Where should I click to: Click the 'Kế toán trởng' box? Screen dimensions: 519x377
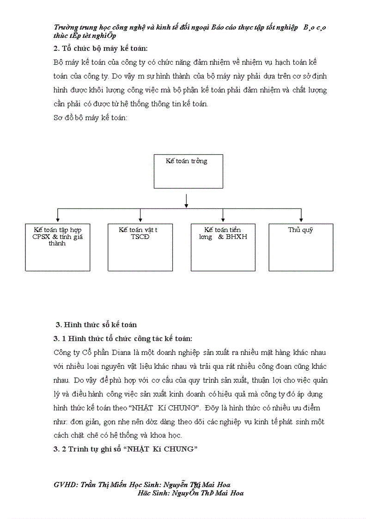tap(188, 171)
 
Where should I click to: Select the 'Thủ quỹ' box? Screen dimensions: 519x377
tap(301, 247)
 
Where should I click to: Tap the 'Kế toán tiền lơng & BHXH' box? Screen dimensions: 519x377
tap(223, 247)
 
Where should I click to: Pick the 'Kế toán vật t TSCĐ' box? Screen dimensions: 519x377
tap(140, 247)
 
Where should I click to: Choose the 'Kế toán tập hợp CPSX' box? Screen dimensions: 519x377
tap(57, 247)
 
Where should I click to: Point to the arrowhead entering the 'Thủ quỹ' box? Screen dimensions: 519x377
tap(301, 220)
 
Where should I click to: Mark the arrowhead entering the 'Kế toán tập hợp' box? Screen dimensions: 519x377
tap(57, 220)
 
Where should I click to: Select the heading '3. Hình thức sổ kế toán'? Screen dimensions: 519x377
tap(96, 324)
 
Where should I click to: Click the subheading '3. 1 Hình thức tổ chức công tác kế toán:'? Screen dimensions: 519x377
tap(123, 339)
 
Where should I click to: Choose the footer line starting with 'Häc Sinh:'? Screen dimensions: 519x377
tap(190, 493)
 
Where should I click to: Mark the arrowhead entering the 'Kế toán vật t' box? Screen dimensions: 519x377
tap(140, 220)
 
